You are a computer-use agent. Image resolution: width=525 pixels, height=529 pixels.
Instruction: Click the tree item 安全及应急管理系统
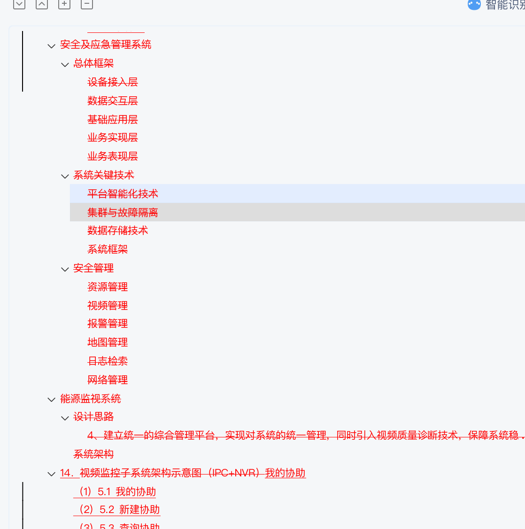pyautogui.click(x=106, y=45)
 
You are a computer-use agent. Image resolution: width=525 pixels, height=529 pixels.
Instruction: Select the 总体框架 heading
pyautogui.click(x=93, y=63)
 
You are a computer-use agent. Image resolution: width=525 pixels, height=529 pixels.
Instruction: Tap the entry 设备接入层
pyautogui.click(x=113, y=82)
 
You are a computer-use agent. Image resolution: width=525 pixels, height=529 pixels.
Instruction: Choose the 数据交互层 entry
pyautogui.click(x=113, y=101)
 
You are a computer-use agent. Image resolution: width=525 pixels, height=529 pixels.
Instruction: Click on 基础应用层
pyautogui.click(x=113, y=120)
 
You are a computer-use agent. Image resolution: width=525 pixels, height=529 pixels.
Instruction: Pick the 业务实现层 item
pyautogui.click(x=113, y=138)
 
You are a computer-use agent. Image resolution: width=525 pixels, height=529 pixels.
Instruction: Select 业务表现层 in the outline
pyautogui.click(x=113, y=156)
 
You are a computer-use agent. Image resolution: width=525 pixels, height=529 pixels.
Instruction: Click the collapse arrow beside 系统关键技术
pyautogui.click(x=65, y=176)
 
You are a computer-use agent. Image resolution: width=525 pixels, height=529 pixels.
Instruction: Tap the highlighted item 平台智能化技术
pyautogui.click(x=123, y=194)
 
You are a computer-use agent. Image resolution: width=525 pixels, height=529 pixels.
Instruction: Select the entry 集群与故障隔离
pyautogui.click(x=123, y=212)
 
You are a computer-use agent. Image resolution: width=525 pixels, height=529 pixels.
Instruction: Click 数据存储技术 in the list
pyautogui.click(x=117, y=231)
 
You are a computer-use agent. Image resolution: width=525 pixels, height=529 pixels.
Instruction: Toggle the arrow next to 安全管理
pyautogui.click(x=65, y=269)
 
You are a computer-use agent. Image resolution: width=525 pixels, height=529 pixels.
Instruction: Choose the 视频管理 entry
pyautogui.click(x=108, y=306)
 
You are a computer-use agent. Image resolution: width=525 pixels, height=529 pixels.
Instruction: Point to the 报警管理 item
pyautogui.click(x=108, y=324)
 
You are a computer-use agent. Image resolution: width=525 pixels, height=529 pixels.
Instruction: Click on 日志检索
pyautogui.click(x=108, y=361)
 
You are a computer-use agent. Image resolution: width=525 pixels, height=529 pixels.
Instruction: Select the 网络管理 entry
pyautogui.click(x=108, y=380)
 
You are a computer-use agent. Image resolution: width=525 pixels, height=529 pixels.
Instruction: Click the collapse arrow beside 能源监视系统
pyautogui.click(x=52, y=400)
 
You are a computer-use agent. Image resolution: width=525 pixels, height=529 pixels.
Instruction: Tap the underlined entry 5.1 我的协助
pyautogui.click(x=117, y=492)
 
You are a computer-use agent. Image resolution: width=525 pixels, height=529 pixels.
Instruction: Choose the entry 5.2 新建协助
pyautogui.click(x=120, y=510)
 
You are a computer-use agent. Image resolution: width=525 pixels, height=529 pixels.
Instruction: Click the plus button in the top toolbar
pyautogui.click(x=64, y=4)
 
